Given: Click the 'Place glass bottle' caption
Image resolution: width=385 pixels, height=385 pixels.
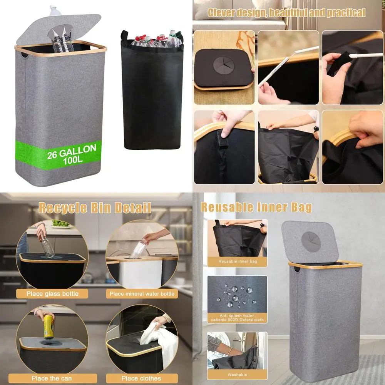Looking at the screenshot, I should click(x=52, y=294).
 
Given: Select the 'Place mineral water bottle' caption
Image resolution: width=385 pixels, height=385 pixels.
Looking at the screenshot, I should click(x=142, y=294).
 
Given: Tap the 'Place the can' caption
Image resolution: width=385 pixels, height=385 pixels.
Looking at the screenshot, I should click(x=52, y=378).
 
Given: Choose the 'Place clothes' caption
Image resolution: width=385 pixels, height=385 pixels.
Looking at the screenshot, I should click(x=142, y=378).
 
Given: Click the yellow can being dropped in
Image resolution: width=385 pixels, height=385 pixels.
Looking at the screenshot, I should click(x=49, y=326).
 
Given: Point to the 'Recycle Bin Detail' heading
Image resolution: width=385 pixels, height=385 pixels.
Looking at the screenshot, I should click(x=95, y=208).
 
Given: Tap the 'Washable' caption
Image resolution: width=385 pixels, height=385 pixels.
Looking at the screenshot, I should click(x=237, y=375).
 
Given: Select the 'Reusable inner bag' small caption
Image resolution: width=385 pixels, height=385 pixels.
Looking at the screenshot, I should click(x=237, y=261).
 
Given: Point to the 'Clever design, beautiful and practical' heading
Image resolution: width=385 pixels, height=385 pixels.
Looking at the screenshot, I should click(x=286, y=13).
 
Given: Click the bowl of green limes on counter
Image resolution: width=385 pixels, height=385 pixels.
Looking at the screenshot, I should click(x=61, y=223).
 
